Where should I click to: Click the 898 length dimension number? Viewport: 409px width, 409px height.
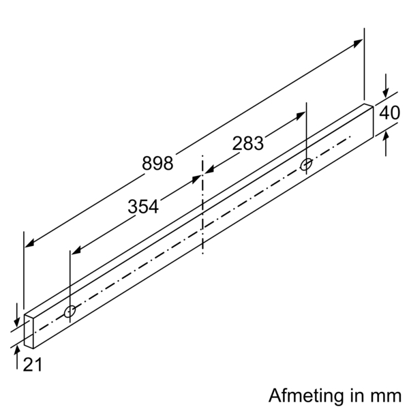click(x=157, y=164)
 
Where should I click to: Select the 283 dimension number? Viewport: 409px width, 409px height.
click(x=248, y=143)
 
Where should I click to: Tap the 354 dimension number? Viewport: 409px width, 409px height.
click(x=143, y=207)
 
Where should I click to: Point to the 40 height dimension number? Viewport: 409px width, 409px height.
click(x=389, y=112)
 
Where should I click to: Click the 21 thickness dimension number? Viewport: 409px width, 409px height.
click(x=32, y=365)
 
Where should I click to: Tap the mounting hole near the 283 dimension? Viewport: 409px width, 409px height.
click(x=306, y=164)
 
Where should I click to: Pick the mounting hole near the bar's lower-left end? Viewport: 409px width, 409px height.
click(x=70, y=312)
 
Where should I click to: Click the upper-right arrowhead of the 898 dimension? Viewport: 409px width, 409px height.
click(x=359, y=43)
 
